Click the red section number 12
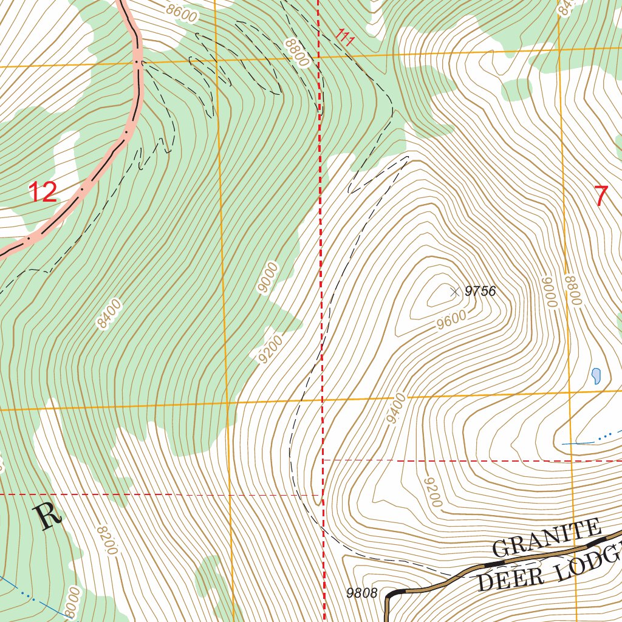tap(43, 192)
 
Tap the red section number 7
tap(600, 196)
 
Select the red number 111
tap(344, 37)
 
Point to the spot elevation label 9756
tap(480, 292)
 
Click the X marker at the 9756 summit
tap(454, 292)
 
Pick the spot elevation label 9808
tap(362, 593)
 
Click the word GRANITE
tap(546, 538)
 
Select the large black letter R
tap(49, 516)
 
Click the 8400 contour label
tap(110, 314)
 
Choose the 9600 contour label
tap(451, 320)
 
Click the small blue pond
tap(596, 376)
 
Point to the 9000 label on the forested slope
tap(268, 278)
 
